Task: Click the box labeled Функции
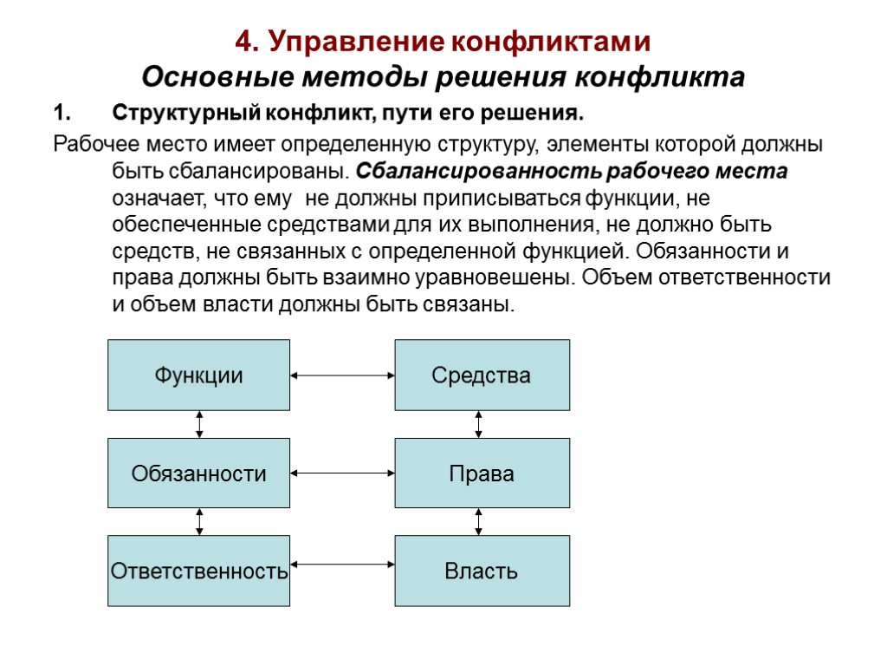pos(198,375)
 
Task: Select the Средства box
pos(482,375)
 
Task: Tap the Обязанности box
pos(198,473)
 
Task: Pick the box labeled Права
pos(482,473)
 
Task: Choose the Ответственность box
pos(198,571)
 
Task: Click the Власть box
pos(482,571)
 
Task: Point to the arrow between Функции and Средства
pos(342,375)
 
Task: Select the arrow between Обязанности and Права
pos(342,473)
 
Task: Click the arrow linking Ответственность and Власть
pos(342,565)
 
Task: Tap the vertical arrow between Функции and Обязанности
pos(199,424)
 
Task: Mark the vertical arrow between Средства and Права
pos(478,424)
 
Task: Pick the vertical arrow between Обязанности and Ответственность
pos(199,521)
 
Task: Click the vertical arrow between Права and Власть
pos(478,521)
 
